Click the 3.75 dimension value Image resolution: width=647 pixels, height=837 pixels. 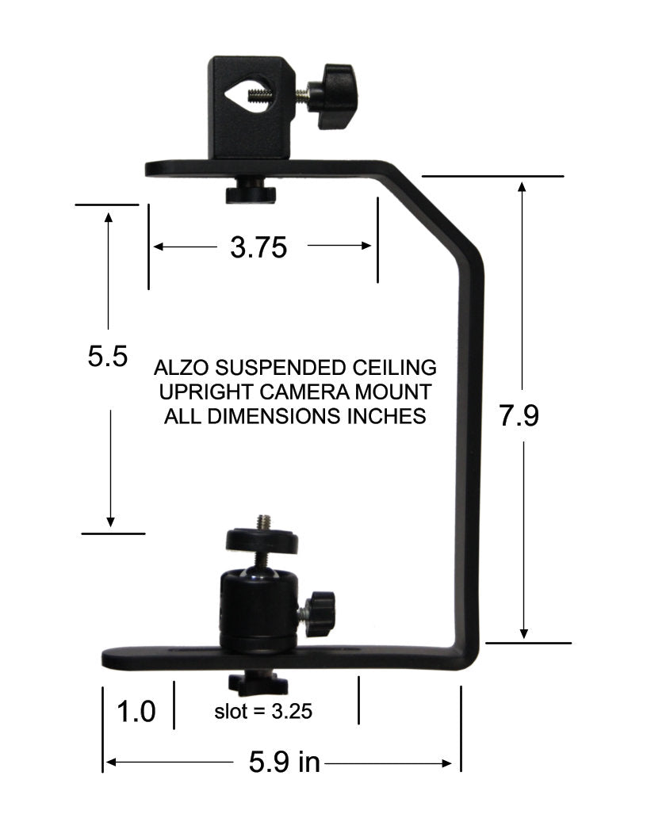[x=258, y=248]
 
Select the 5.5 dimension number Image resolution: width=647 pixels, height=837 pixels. [x=108, y=357]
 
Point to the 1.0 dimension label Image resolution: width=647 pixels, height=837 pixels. [x=136, y=711]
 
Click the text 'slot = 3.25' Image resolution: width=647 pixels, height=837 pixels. [x=263, y=711]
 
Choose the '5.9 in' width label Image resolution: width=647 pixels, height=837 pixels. [x=284, y=762]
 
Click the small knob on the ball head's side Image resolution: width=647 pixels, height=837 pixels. [x=320, y=613]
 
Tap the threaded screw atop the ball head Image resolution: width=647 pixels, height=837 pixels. [x=262, y=522]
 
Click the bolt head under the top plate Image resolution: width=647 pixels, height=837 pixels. [x=250, y=193]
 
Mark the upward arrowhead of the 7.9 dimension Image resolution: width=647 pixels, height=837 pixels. [x=523, y=187]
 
